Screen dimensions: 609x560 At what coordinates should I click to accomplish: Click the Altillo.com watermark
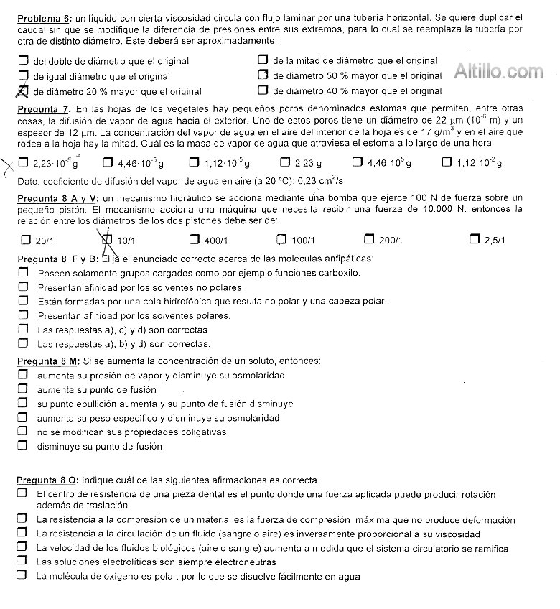pyautogui.click(x=499, y=71)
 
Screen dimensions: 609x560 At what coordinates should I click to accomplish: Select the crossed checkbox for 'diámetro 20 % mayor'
pyautogui.click(x=23, y=90)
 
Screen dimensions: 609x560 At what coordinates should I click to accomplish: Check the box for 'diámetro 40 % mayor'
pyautogui.click(x=263, y=90)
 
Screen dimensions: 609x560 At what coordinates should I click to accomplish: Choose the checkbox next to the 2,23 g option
pyautogui.click(x=285, y=162)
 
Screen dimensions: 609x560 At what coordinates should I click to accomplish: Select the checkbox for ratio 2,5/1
pyautogui.click(x=475, y=240)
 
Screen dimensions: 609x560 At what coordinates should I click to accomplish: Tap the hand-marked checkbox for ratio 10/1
pyautogui.click(x=108, y=240)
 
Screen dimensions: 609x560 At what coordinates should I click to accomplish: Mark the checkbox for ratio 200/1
pyautogui.click(x=369, y=240)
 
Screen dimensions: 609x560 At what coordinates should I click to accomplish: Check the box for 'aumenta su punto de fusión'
pyautogui.click(x=23, y=389)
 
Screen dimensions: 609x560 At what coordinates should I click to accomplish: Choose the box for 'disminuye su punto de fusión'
pyautogui.click(x=23, y=446)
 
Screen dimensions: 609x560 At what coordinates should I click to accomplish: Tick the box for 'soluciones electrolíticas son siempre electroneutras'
pyautogui.click(x=23, y=562)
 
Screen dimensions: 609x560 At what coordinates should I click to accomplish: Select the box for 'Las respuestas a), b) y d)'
pyautogui.click(x=23, y=344)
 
